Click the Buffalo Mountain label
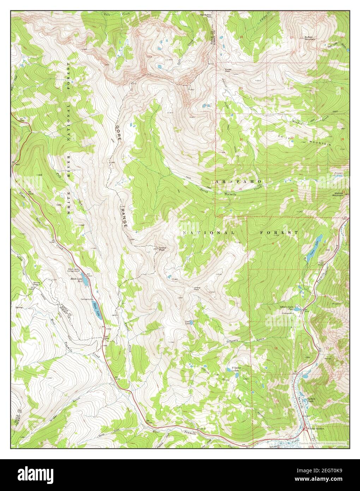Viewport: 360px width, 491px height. pyautogui.click(x=311, y=39)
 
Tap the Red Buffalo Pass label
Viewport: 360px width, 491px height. pyautogui.click(x=206, y=16)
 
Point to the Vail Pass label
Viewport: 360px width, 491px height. pyautogui.click(x=106, y=337)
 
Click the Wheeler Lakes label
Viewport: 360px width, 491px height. pyautogui.click(x=236, y=369)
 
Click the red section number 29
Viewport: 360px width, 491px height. pyautogui.click(x=292, y=138)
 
